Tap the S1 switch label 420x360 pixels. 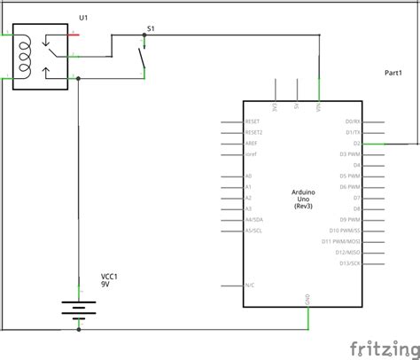[150, 29]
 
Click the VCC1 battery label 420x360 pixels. [111, 277]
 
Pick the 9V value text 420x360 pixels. [105, 286]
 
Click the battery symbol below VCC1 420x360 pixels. [78, 311]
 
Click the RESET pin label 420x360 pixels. [253, 121]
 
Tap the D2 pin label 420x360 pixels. [356, 143]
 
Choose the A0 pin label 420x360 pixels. [249, 176]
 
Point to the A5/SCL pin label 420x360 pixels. [254, 231]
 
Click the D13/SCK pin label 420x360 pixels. [350, 263]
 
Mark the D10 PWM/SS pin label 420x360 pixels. [346, 231]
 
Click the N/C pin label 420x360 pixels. [250, 286]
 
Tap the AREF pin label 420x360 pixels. [252, 143]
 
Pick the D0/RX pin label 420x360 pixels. [353, 121]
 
